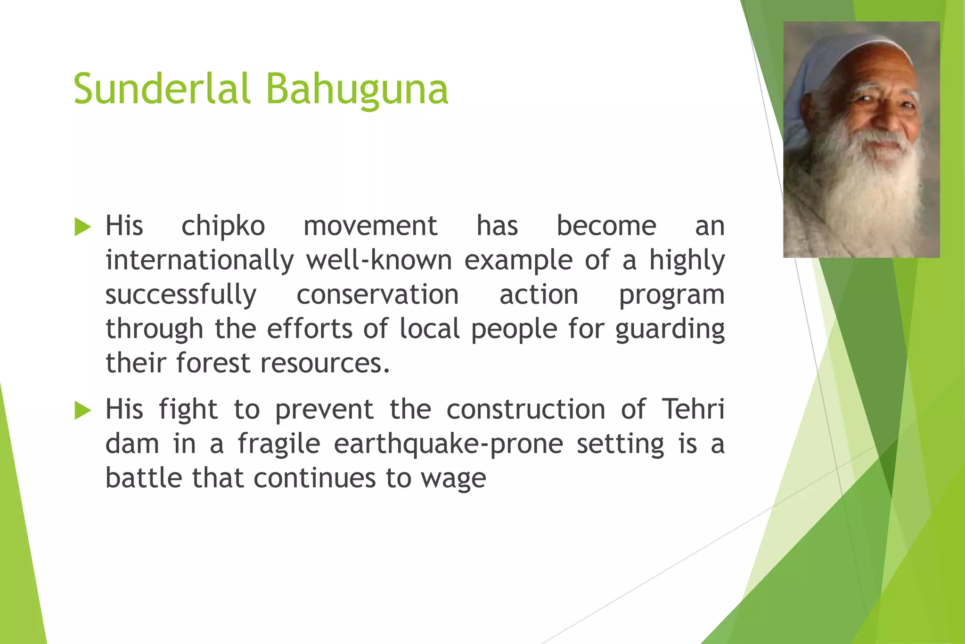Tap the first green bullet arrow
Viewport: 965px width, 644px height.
pyautogui.click(x=82, y=227)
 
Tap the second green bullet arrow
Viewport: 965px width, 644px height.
pyautogui.click(x=82, y=411)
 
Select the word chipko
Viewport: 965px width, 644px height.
pyautogui.click(x=223, y=227)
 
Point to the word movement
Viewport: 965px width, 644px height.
pyautogui.click(x=370, y=226)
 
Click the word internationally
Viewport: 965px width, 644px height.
pyautogui.click(x=199, y=261)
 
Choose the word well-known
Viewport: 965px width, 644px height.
pyautogui.click(x=379, y=261)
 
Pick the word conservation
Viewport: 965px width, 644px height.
pyautogui.click(x=377, y=295)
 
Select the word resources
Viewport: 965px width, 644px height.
pyautogui.click(x=325, y=363)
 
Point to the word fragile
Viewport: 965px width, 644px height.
pyautogui.click(x=279, y=445)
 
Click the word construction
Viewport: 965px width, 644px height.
pyautogui.click(x=526, y=409)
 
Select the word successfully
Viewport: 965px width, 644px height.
pyautogui.click(x=180, y=295)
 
